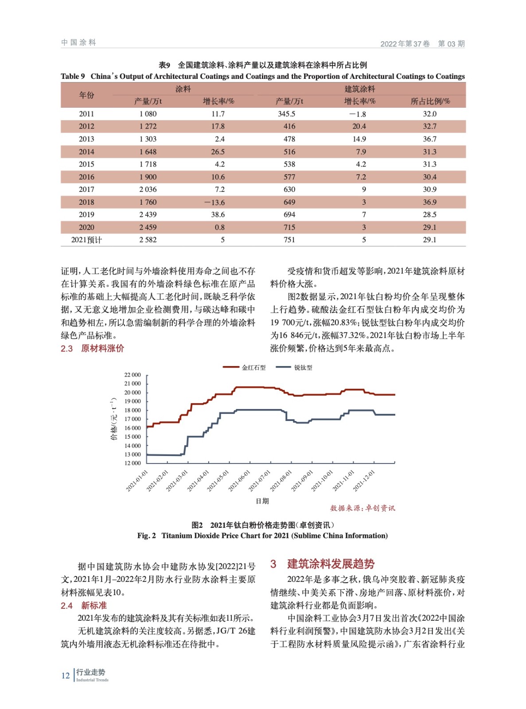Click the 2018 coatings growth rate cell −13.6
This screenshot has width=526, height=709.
214,203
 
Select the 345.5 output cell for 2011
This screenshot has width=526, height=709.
286,114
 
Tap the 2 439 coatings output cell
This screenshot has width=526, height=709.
148,215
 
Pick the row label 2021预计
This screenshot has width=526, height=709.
86,240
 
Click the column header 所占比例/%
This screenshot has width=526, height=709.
430,101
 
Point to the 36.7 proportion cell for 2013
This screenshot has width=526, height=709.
429,139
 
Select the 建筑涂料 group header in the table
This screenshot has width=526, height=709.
359,89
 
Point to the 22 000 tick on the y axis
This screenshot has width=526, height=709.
132,375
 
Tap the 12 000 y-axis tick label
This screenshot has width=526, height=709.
132,463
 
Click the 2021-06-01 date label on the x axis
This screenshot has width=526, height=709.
239,480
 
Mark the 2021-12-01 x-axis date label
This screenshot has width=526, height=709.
364,480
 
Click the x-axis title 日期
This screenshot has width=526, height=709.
262,501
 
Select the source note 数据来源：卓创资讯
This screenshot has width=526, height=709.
362,508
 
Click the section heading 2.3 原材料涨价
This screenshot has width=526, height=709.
92,349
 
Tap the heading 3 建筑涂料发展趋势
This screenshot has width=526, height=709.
323,564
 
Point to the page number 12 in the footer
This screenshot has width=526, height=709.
65,675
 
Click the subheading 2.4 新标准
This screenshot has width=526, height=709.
84,605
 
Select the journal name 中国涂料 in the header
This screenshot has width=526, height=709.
78,43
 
